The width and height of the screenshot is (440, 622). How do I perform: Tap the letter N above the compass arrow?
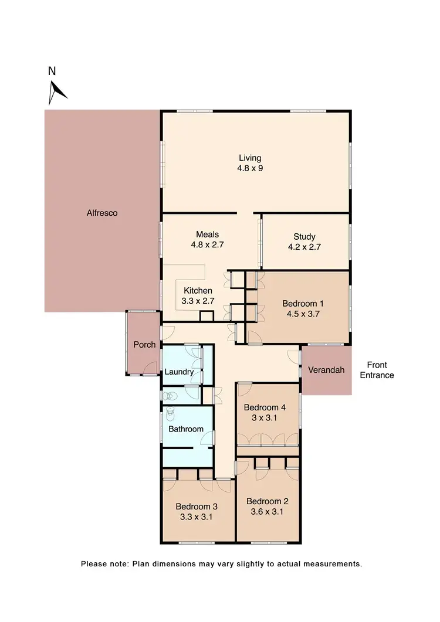click(x=52, y=72)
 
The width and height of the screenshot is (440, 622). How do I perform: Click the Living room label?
click(x=250, y=158)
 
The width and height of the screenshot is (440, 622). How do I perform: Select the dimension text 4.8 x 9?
click(x=250, y=168)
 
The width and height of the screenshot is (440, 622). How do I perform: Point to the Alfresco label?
click(x=102, y=213)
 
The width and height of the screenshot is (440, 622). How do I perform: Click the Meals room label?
click(x=208, y=234)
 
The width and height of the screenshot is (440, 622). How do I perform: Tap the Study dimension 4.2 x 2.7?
click(x=304, y=247)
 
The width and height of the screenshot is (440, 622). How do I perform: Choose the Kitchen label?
click(x=198, y=290)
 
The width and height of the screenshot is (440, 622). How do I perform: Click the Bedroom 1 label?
click(x=303, y=303)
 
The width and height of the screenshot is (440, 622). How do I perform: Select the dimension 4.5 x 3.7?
click(x=303, y=314)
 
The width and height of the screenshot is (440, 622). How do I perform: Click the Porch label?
click(x=144, y=344)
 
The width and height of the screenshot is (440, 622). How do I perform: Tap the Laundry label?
click(x=179, y=372)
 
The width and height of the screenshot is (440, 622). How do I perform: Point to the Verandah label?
click(x=326, y=371)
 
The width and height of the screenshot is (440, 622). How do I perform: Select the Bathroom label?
click(x=186, y=429)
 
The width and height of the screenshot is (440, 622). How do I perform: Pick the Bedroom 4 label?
click(x=265, y=407)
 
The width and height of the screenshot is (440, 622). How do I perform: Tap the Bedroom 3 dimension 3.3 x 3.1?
click(x=197, y=517)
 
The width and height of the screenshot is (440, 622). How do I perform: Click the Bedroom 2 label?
click(x=268, y=501)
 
